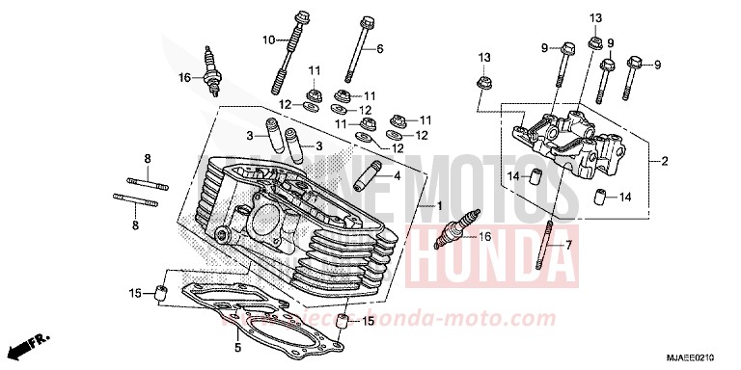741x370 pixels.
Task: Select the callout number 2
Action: click(664, 162)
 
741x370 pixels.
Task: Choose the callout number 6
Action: click(379, 48)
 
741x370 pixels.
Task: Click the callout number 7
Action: click(568, 245)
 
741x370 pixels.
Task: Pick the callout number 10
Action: click(269, 40)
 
